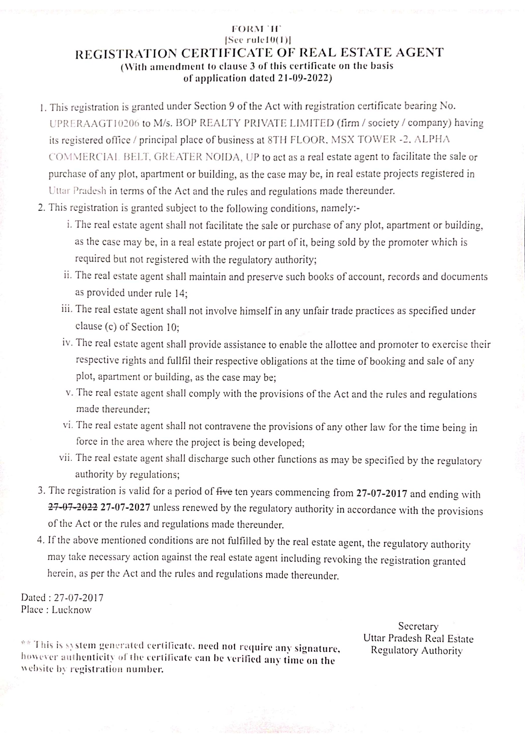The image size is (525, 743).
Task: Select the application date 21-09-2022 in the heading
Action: point(304,79)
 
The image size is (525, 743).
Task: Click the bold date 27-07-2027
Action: point(125,507)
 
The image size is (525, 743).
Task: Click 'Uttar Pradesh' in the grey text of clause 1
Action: point(77,191)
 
